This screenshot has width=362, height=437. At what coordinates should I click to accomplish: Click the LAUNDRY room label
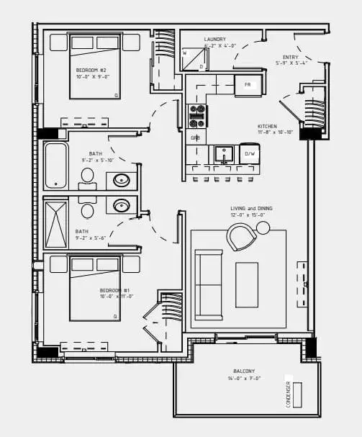click(x=214, y=40)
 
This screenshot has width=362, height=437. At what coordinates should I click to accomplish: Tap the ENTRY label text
click(x=291, y=57)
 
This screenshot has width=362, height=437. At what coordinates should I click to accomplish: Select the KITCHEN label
click(x=268, y=126)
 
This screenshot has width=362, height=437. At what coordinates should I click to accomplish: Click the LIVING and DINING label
click(x=247, y=209)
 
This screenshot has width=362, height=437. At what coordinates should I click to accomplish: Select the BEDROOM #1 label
click(x=114, y=290)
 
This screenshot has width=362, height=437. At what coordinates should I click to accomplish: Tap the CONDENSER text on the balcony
click(x=288, y=394)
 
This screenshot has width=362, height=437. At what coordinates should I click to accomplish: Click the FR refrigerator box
click(x=248, y=85)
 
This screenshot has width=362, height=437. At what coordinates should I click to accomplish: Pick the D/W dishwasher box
click(x=250, y=154)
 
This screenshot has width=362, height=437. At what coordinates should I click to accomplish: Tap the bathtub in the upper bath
click(x=55, y=166)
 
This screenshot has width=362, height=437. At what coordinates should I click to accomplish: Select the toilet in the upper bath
click(x=87, y=175)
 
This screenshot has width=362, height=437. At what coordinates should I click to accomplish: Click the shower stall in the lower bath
click(x=55, y=225)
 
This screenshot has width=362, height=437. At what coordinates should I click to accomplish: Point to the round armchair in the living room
click(x=241, y=237)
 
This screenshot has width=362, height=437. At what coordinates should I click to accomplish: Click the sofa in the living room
click(x=208, y=284)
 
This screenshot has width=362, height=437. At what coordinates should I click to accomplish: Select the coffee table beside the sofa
click(x=246, y=284)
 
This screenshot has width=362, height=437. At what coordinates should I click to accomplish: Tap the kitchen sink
click(x=224, y=154)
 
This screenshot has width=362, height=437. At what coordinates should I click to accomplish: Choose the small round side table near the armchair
click(x=263, y=228)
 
